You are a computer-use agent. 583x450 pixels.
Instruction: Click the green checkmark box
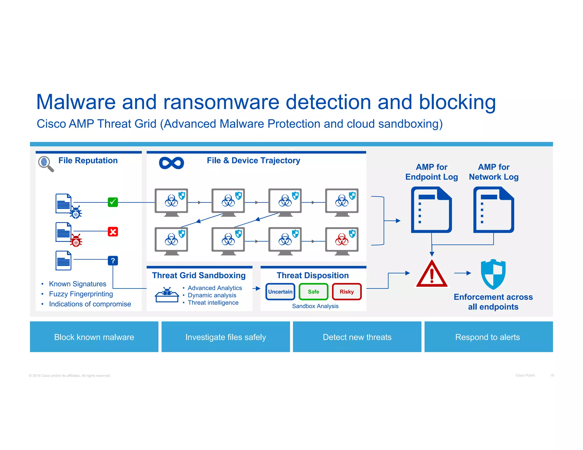click(113, 202)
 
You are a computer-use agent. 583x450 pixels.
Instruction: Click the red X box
click(113, 232)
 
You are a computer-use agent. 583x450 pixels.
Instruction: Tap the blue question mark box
click(113, 261)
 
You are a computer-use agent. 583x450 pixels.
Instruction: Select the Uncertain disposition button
click(280, 292)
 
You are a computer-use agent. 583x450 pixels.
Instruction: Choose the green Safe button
click(313, 292)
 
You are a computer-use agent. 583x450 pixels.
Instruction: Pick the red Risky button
click(346, 292)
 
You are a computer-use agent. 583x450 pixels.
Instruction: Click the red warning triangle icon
click(432, 274)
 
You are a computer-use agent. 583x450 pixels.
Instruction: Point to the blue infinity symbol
click(171, 163)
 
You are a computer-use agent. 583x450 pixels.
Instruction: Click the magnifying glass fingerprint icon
click(46, 164)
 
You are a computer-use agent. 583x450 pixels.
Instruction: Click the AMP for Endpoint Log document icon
click(431, 210)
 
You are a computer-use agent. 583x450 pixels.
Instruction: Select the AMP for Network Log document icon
click(493, 210)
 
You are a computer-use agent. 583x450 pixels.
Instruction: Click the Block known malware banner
click(94, 337)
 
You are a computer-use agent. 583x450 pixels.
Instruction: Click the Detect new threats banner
click(357, 337)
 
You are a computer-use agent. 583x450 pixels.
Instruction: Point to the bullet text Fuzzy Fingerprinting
click(81, 294)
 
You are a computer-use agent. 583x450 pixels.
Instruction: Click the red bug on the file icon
click(76, 241)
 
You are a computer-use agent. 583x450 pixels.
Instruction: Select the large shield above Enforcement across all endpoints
click(493, 274)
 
